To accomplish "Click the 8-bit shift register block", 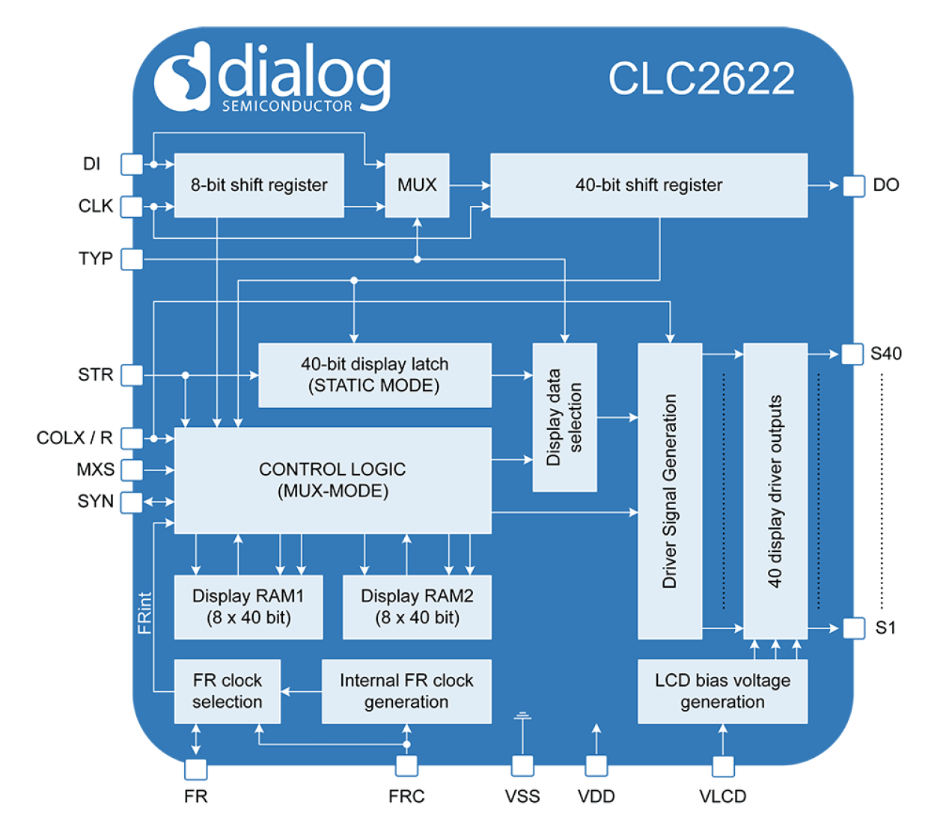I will point(259,185).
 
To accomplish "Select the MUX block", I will point(417,185).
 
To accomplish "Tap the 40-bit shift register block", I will point(649,185).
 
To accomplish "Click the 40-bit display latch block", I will point(374,375).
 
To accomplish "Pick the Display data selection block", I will point(564,417).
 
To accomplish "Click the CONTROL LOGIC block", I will point(332,480).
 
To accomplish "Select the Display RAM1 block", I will point(248,607).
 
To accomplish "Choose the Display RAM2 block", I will point(417,607).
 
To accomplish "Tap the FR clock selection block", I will point(227,691).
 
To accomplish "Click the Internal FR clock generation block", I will point(406,691).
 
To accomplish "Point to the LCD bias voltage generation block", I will point(722,691).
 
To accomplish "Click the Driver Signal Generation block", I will point(670,491).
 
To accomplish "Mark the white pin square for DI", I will point(132,164).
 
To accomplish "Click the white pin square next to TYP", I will point(132,259).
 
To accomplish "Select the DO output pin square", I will point(854,186).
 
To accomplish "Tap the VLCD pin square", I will point(723,766).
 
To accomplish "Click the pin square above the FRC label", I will point(406,766).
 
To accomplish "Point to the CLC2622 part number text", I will point(701,78).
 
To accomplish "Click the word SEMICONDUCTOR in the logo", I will point(287,106).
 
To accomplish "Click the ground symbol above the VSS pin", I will point(522,718).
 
